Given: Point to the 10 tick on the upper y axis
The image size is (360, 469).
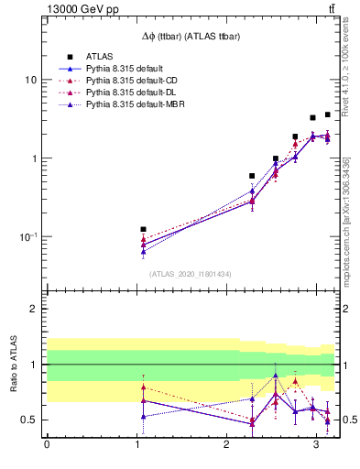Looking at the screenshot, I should point(30,80).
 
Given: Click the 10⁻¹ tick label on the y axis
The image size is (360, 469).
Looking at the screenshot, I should point(27,236).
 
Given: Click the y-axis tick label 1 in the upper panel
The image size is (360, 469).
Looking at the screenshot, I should point(34,158).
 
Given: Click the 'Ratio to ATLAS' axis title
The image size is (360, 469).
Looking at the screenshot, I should point(13,365).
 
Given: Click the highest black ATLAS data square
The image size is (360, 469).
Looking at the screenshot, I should point(328,115).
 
